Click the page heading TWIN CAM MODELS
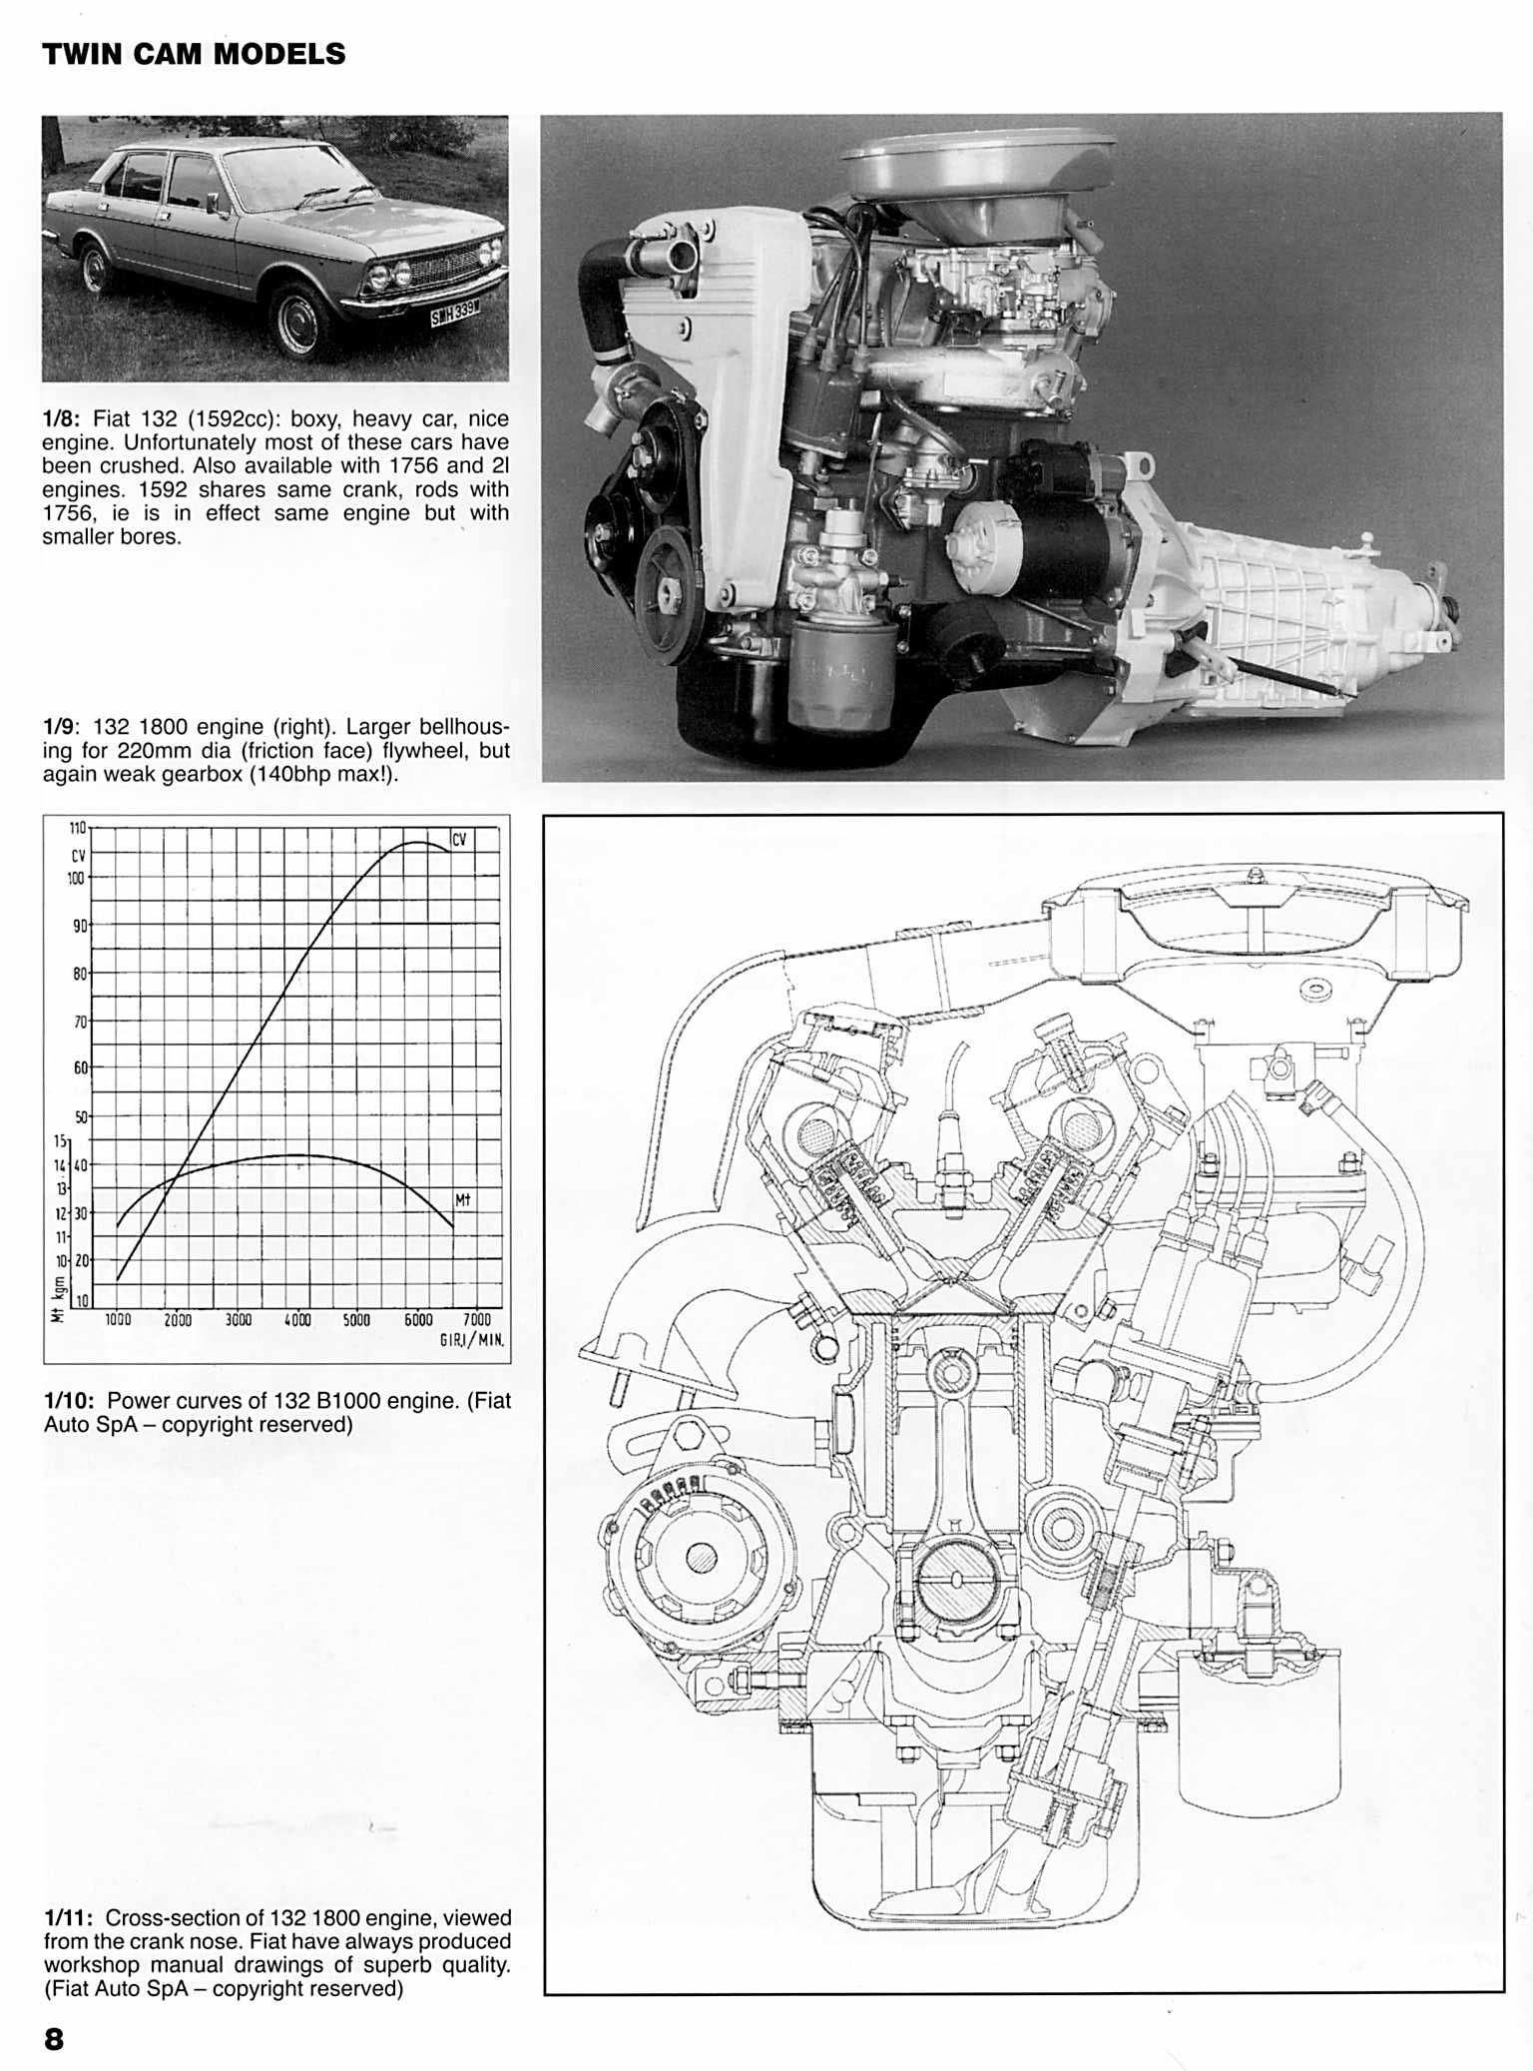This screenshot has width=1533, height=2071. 194,54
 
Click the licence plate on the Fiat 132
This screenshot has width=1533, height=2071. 454,316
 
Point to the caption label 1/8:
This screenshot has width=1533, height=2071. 62,419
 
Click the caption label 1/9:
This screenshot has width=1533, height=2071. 62,727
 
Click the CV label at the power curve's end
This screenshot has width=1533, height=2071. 459,840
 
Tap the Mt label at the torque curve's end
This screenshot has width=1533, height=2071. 462,1199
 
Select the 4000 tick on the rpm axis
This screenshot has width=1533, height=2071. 297,1320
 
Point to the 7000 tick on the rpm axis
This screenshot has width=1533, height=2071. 477,1320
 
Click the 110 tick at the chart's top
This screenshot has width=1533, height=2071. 78,828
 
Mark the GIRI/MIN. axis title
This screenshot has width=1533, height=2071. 471,1340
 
